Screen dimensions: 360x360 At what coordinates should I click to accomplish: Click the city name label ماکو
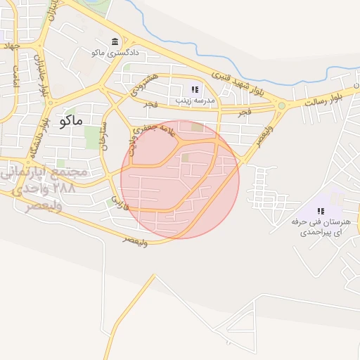pos(73,120)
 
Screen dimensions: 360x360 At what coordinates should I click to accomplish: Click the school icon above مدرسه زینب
pos(195,89)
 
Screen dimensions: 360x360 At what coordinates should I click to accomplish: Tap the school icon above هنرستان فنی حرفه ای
pos(321,210)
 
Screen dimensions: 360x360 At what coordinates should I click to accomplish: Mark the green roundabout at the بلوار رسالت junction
pos(282,106)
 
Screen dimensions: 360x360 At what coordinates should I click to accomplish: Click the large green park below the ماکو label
pos(92,136)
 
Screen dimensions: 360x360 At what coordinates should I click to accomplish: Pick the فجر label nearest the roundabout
pos(245,112)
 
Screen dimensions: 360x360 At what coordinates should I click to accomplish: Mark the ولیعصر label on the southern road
pos(135,241)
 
